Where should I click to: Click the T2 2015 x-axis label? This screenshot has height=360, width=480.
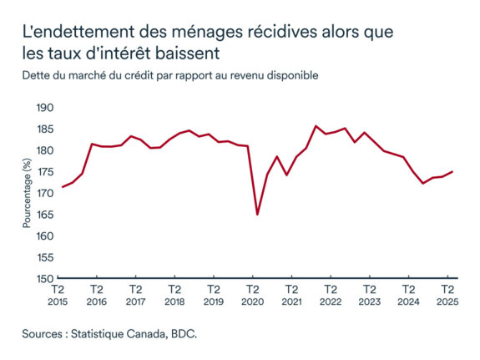pos(57,295)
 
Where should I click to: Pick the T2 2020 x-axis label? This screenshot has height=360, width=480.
pos(252,295)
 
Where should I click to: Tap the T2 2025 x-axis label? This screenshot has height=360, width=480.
pos(447,295)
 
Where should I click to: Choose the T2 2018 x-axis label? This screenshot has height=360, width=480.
pos(174,295)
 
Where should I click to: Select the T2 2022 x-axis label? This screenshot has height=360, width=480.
pos(330,295)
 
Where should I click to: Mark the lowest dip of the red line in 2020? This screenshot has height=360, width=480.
pos(257,215)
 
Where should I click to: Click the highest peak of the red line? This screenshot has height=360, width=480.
pos(316,126)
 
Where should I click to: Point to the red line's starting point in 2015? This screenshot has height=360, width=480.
pos(62,187)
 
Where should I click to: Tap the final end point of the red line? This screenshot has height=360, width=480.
pos(452,172)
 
